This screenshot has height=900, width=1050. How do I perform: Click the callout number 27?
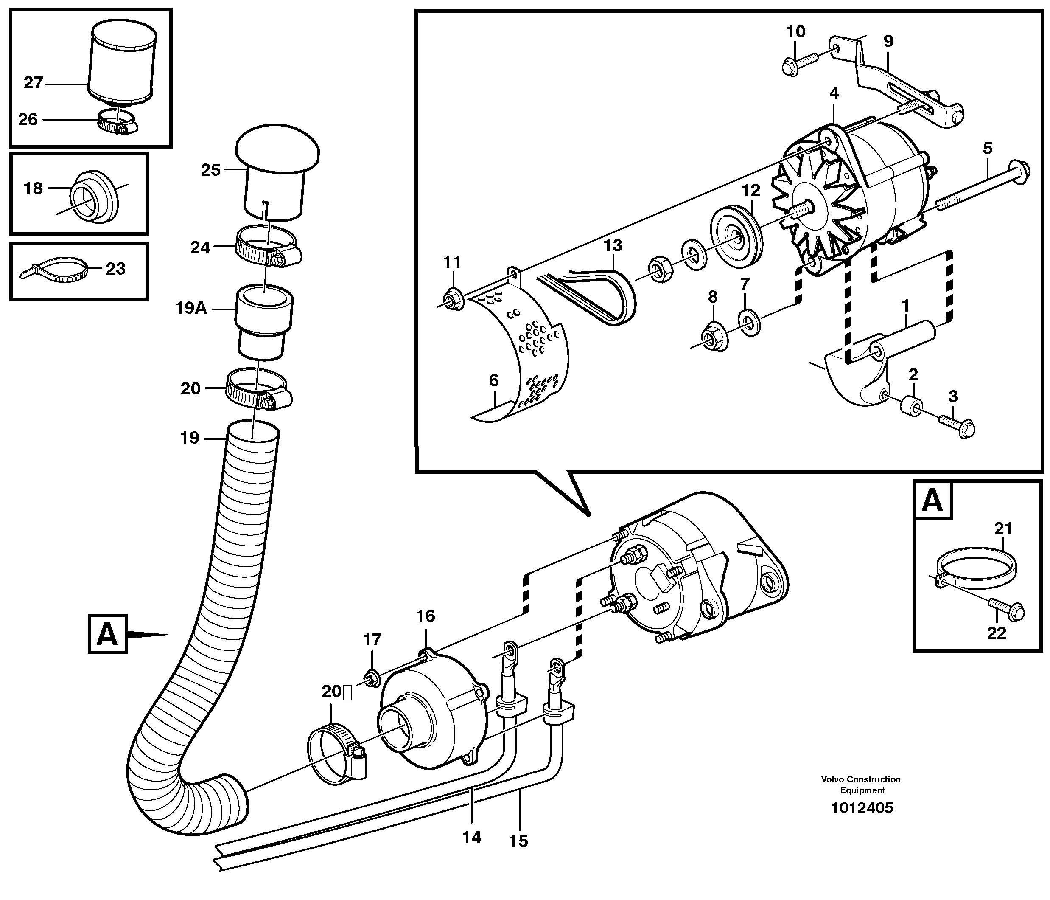[34, 83]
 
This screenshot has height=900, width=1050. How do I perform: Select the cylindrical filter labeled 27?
[122, 63]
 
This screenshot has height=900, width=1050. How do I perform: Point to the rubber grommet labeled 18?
[94, 197]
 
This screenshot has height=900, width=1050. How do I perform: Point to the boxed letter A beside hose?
[107, 633]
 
